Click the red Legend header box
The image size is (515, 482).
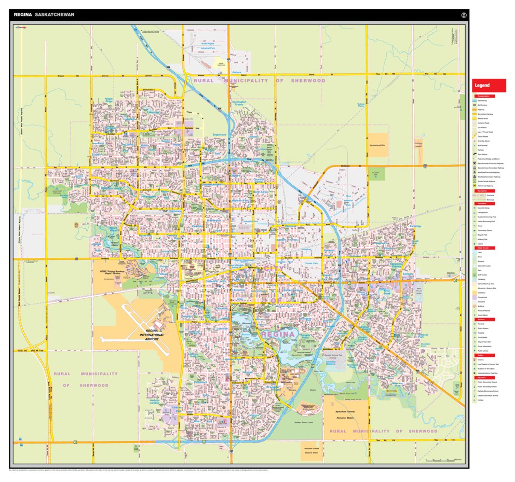coord(489,85)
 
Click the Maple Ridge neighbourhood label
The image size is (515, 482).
coord(109,100)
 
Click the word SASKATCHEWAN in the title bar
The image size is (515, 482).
coord(55,15)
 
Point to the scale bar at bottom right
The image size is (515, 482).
coord(441,460)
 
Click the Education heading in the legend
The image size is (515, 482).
coord(483,377)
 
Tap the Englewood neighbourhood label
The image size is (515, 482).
coord(219,135)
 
